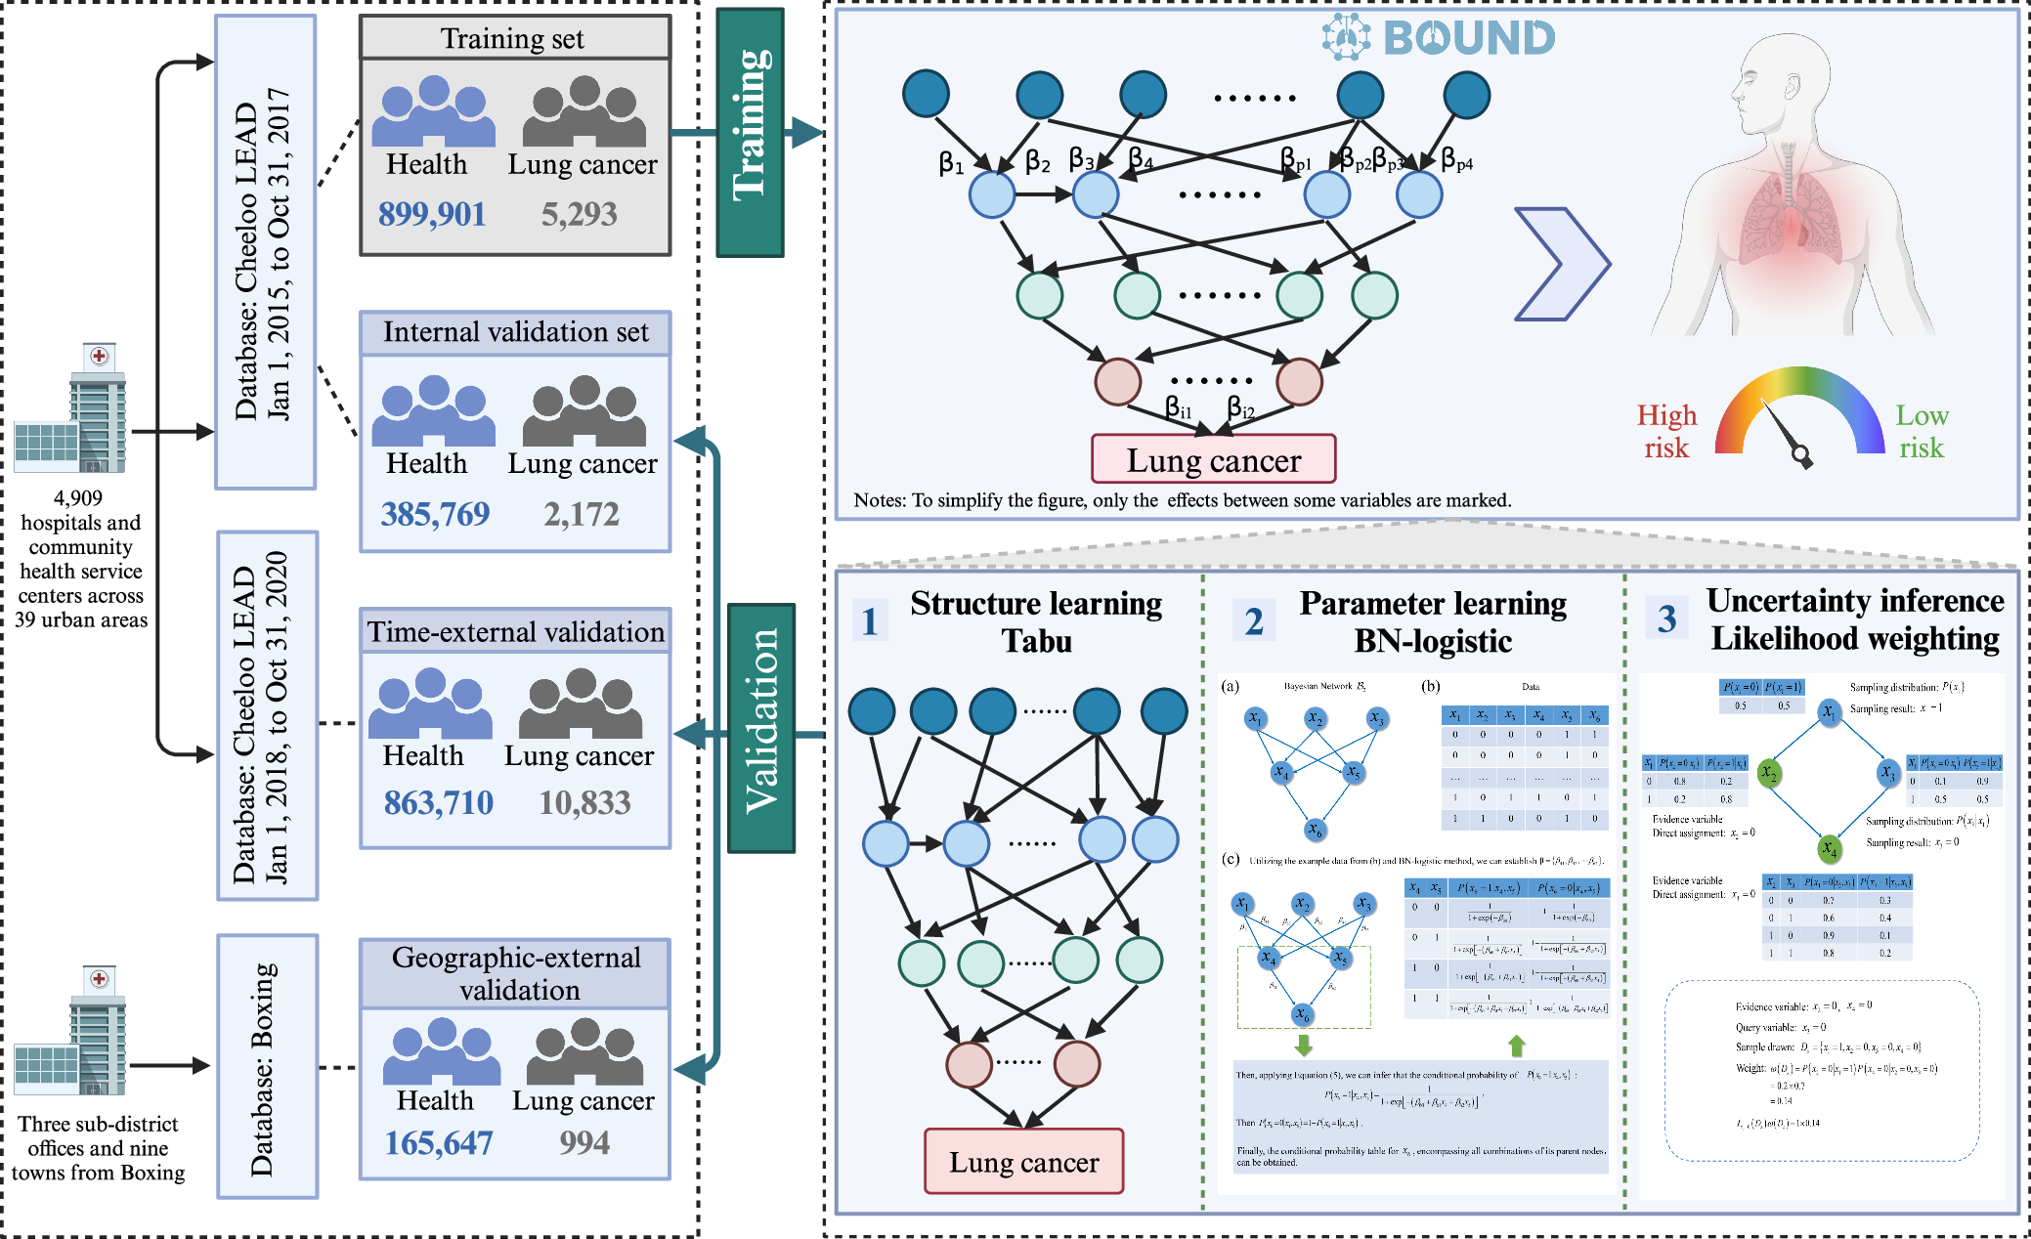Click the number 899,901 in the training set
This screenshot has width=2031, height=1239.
click(432, 214)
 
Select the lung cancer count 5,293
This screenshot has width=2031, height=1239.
click(579, 214)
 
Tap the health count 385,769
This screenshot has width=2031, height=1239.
click(435, 514)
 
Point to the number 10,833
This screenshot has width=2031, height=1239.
click(584, 803)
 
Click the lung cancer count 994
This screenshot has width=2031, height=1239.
click(584, 1142)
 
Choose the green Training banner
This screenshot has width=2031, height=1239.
click(750, 132)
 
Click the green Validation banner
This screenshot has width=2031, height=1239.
click(761, 727)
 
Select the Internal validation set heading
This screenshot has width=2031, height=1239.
click(515, 332)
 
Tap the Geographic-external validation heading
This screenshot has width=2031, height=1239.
click(516, 973)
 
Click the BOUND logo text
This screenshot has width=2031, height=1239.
click(1468, 38)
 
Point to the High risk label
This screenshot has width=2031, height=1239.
click(1666, 431)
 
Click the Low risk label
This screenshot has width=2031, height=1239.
click(1922, 431)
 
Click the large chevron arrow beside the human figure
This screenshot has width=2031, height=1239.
click(1561, 264)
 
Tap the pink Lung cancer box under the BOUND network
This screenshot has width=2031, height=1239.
click(1213, 459)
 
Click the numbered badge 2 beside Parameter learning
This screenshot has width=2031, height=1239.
click(1254, 620)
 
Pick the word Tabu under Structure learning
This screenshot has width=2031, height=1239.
click(1036, 642)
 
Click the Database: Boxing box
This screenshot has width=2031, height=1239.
click(267, 1066)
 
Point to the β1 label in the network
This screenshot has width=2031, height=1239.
click(951, 163)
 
